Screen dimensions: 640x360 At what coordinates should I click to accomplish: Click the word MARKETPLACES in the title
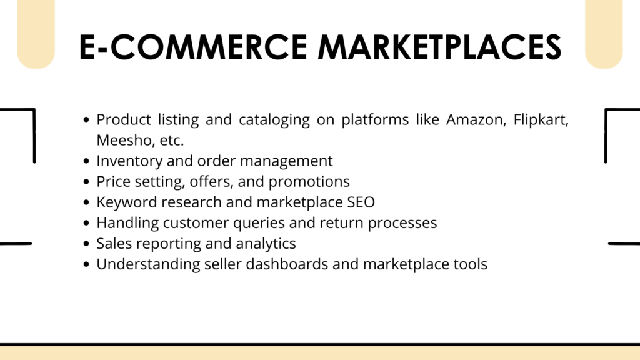439,47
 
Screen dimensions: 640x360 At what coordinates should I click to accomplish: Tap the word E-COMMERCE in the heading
193,47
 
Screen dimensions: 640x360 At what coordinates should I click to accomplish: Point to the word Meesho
124,141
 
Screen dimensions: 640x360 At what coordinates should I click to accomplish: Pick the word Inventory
129,161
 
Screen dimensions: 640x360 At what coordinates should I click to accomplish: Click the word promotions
309,182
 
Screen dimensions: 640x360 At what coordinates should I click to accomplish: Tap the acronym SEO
361,202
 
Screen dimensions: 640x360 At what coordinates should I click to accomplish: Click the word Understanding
148,264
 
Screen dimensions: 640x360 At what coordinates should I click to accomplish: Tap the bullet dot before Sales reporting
86,244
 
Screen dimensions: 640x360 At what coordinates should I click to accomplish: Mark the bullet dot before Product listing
86,119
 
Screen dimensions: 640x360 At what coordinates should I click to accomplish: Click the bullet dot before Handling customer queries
86,223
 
